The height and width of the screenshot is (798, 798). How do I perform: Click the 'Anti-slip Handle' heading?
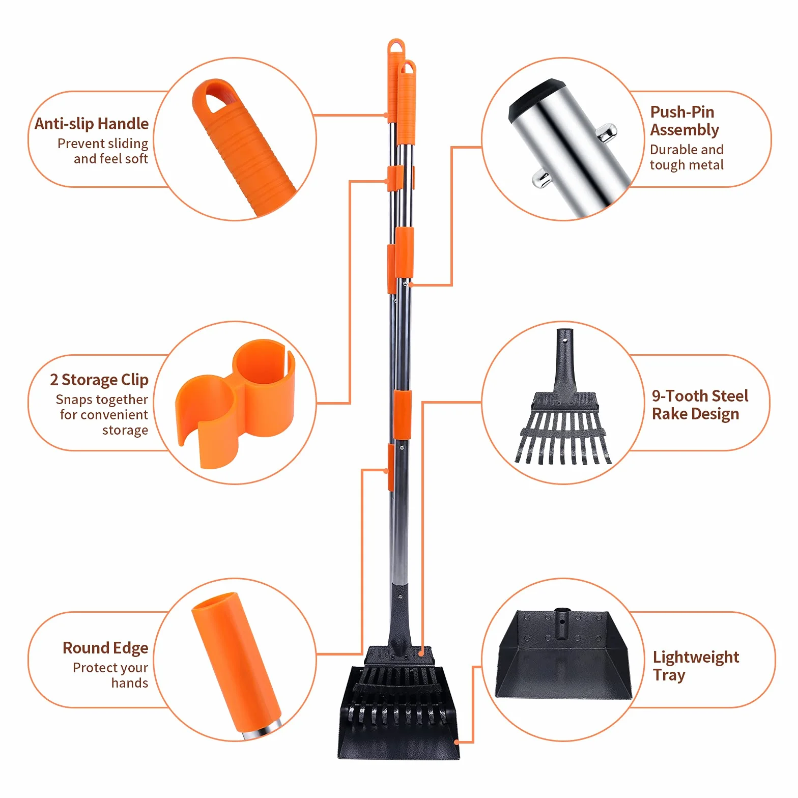[x=92, y=124]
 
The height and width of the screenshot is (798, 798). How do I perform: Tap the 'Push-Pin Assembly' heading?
[x=685, y=121]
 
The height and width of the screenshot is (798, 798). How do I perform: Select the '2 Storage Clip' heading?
[x=99, y=380]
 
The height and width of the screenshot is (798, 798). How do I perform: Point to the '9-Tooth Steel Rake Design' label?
[x=700, y=405]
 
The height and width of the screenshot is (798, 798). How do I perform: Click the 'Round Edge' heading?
[x=105, y=648]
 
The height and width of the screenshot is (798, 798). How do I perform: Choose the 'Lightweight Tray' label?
[x=696, y=666]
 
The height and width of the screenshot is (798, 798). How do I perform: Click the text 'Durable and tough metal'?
[x=687, y=157]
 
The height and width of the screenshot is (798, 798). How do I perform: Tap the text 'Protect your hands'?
[x=110, y=675]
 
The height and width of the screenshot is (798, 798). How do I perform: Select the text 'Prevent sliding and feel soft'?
[x=103, y=151]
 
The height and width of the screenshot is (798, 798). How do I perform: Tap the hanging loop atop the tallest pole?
[x=396, y=47]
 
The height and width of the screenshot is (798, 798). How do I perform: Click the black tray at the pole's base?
[x=398, y=712]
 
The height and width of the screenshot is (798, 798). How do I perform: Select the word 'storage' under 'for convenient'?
[x=125, y=430]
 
